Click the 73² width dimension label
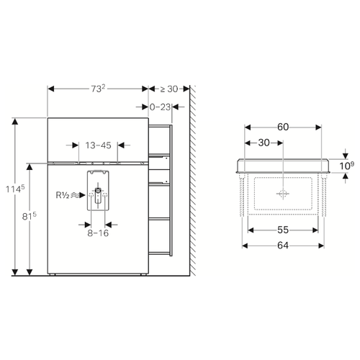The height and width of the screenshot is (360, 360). [98, 89]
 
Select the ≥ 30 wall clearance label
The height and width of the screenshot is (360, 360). [169, 89]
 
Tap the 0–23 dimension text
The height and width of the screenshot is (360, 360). [160, 107]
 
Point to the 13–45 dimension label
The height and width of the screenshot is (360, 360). [98, 145]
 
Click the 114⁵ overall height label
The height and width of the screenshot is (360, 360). [15, 189]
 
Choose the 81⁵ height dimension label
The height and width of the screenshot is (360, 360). [30, 216]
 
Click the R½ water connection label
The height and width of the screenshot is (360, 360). [63, 195]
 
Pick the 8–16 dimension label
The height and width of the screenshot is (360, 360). [98, 233]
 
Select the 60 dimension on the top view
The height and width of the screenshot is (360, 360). [283, 127]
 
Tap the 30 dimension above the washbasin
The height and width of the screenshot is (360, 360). [264, 143]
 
